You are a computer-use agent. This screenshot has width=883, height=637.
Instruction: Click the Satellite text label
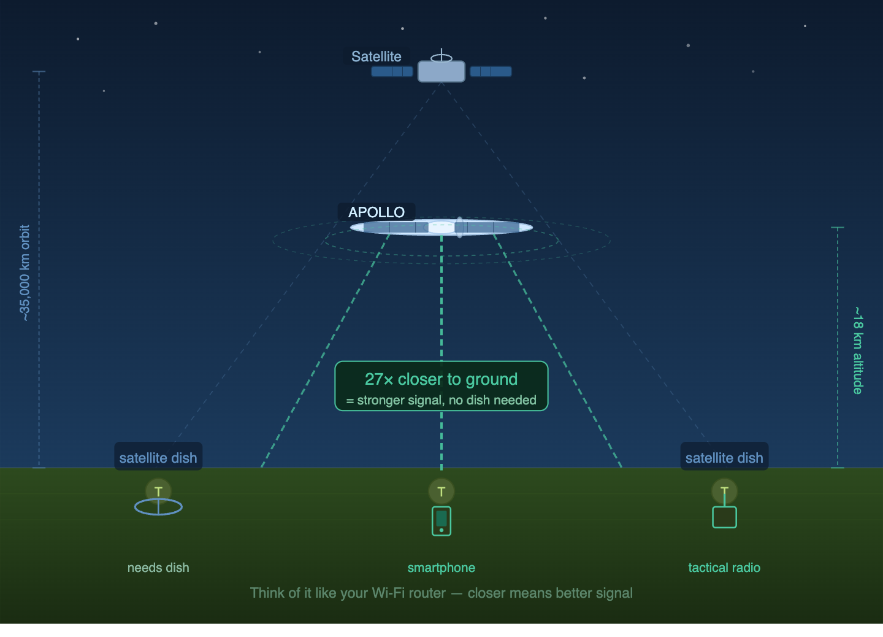point(376,56)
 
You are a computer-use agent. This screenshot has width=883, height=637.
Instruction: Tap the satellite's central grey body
point(441,72)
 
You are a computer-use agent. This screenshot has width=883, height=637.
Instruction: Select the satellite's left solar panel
point(392,71)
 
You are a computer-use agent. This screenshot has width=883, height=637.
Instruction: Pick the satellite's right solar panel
point(491,71)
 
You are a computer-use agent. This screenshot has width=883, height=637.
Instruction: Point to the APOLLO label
point(377,212)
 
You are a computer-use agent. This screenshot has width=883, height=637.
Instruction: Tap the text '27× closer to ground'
point(441,379)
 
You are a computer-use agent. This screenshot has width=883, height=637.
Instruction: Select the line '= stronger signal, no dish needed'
point(441,400)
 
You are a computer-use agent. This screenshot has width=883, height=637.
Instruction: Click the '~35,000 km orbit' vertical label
point(25,272)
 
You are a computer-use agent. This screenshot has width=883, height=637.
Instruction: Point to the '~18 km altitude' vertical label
point(858,350)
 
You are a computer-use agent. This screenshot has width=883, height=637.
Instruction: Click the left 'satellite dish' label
point(158,458)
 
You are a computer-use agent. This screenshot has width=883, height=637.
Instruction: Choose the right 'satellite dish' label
point(724,458)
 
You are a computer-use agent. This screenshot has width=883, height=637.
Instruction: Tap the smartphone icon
point(442,521)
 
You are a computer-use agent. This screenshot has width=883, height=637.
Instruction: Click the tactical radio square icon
point(724,517)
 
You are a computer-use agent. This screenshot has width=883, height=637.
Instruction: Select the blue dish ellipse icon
point(158,507)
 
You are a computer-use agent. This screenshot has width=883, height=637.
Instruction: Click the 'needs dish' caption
point(158,568)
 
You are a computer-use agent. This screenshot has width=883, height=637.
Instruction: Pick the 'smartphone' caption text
point(441,568)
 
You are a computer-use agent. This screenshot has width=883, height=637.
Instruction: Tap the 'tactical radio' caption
point(724,568)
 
